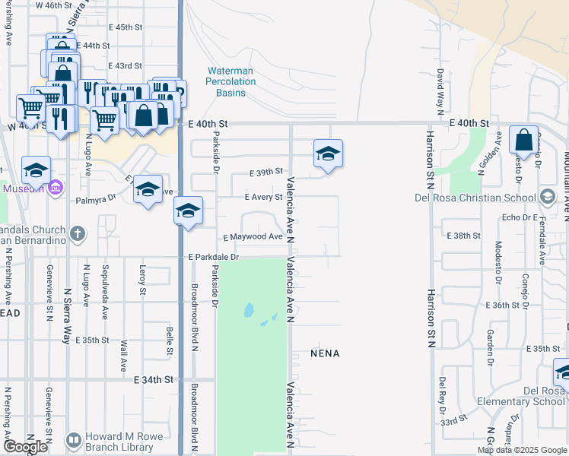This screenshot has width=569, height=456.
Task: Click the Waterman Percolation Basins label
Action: coord(230,82)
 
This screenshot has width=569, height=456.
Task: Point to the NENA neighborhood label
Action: coord(325,353)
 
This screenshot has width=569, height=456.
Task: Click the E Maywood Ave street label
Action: coord(253,236)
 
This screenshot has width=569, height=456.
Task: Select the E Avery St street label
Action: coord(263,197)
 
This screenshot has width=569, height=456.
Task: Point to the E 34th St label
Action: coord(154,378)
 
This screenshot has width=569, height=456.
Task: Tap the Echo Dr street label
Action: coord(515,217)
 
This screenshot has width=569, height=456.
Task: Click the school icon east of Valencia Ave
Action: coord(328,154)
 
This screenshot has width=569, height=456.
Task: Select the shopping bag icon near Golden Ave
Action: coord(524,140)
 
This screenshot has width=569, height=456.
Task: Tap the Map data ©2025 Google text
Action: coord(522,450)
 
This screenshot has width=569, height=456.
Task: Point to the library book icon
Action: coord(74,440)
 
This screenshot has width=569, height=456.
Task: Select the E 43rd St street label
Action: coord(126,66)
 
